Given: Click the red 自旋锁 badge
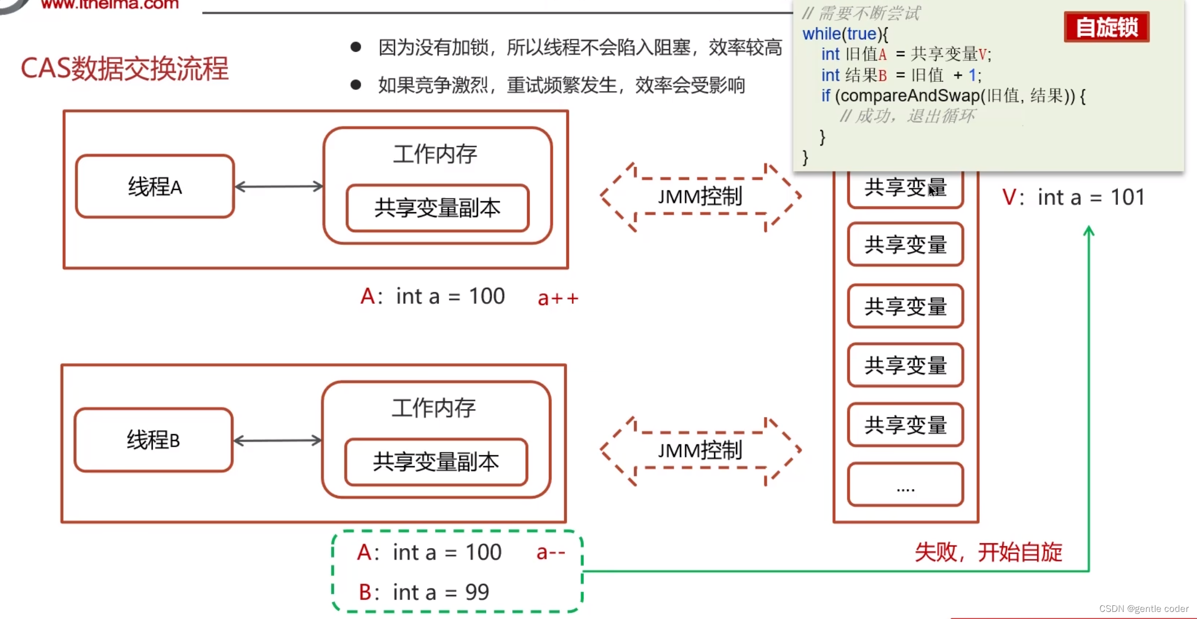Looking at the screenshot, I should pos(1106,27).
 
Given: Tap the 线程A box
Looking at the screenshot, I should pos(155,187).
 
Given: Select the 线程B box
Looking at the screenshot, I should pos(153,440).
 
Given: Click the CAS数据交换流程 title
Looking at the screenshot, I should pos(124,69).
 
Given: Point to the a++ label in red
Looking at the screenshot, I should pos(558,298).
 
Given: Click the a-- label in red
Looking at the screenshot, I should pos(550,552).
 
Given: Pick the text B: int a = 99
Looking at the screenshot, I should pos(424,592).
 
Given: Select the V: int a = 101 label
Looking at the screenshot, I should pos(1073,197).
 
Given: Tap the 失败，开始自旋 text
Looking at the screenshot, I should pos(988,552).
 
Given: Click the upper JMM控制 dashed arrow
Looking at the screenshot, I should pos(701,196).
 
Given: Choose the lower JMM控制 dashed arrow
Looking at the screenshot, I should pos(701,450).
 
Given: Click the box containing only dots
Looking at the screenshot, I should pos(905,484).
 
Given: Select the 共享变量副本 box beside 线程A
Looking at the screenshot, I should pos(438,208).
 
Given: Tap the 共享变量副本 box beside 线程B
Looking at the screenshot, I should pos(436,462).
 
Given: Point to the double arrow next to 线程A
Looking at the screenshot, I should pos(279,187).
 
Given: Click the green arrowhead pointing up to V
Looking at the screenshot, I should pos(1088,231).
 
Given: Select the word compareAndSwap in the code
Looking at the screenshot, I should pos(910,96).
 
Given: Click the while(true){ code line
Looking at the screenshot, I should pos(845,34).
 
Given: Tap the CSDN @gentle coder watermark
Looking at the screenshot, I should pos(1144,609).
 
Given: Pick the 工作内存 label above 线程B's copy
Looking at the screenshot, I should pos(434,408).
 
